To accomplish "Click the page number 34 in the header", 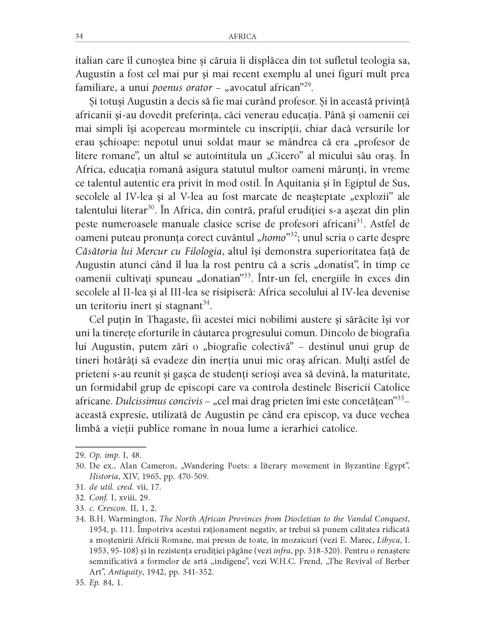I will point(79,37).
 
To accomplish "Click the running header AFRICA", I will point(242,37).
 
